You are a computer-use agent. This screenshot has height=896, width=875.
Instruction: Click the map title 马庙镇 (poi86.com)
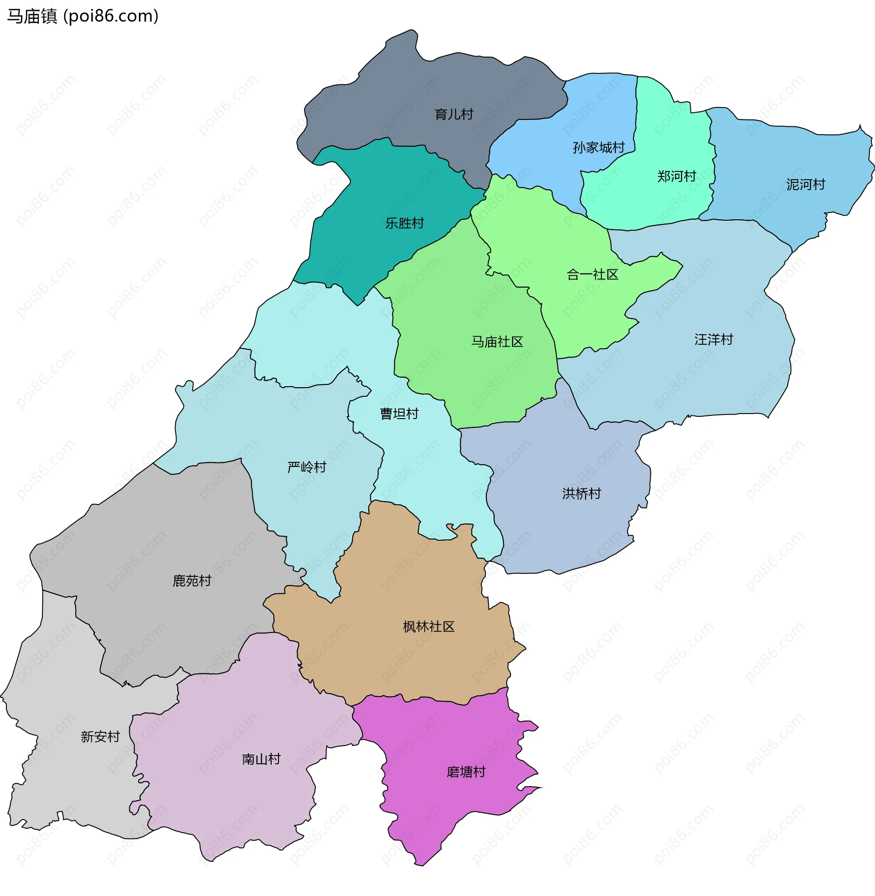[x=83, y=16]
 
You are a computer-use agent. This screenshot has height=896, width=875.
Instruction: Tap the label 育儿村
[x=453, y=114]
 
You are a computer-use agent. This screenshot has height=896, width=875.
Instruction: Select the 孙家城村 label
[x=598, y=148]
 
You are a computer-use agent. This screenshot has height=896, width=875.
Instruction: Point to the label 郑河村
[x=676, y=176]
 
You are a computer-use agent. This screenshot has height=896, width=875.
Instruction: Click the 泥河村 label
[x=805, y=185]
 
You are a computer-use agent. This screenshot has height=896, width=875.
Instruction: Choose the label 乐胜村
[x=404, y=223]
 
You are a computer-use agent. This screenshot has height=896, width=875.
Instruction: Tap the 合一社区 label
[x=592, y=275]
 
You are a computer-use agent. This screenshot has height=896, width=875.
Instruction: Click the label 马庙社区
[x=497, y=342]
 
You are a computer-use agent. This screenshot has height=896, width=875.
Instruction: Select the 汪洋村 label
[x=713, y=340]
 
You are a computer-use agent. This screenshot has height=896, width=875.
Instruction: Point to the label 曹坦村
[x=399, y=414]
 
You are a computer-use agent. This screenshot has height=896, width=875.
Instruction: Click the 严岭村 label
[x=307, y=467]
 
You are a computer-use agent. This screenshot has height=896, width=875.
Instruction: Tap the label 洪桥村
[x=582, y=494]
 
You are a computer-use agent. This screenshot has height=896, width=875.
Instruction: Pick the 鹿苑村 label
[x=192, y=581]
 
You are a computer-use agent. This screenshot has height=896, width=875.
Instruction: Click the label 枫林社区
[x=428, y=627]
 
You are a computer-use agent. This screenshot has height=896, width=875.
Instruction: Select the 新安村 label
[x=100, y=737]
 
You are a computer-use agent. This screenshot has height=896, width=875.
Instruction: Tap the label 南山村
[x=261, y=759]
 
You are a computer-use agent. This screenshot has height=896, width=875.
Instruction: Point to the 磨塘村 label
[x=466, y=772]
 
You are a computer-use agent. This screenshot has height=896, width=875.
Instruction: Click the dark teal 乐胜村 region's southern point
[x=358, y=305]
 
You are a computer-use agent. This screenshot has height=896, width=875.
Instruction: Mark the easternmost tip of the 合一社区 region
[x=682, y=265]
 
